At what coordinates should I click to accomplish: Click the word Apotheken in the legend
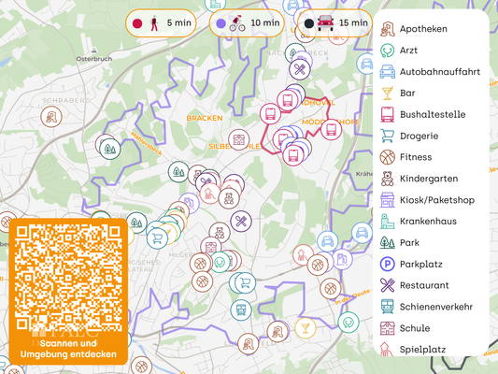tap(423, 29)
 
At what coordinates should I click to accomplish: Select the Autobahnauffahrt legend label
tap(439, 71)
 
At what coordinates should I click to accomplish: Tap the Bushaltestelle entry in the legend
tap(433, 114)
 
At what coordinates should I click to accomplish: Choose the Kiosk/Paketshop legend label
tap(436, 199)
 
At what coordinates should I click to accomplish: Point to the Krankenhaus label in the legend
tap(430, 221)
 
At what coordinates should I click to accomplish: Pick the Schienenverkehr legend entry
tap(435, 306)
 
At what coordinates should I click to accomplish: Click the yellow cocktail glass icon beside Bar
tap(388, 93)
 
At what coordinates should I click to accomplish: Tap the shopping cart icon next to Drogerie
tap(388, 136)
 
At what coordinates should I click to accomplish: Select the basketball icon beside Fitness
tap(388, 157)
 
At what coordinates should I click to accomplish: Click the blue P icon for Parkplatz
tap(388, 264)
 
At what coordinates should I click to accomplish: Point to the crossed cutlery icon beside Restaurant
tap(388, 285)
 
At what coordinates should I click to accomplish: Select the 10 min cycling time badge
tap(248, 22)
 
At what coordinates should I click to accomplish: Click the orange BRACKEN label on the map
tap(204, 119)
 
